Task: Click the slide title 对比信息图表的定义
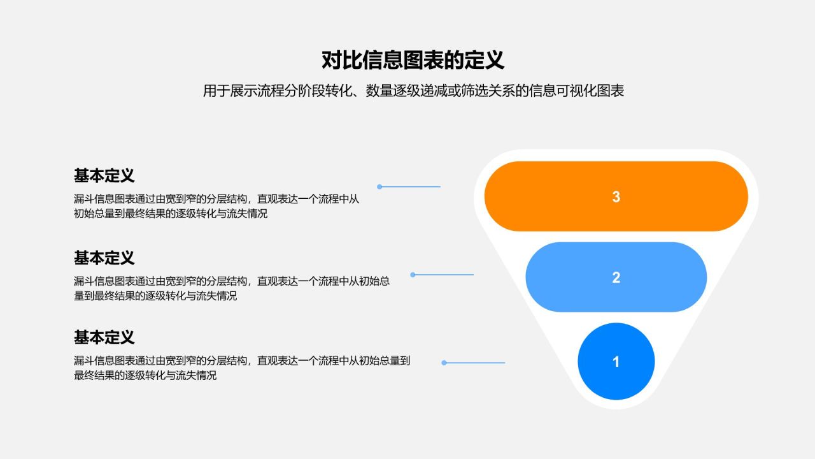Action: (x=413, y=60)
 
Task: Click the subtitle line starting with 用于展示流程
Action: (x=413, y=91)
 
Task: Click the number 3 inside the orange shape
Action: (x=616, y=197)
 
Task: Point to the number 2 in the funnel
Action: (x=616, y=278)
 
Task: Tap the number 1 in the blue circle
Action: (x=616, y=362)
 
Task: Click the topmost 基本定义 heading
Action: (x=104, y=175)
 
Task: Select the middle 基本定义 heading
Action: (x=104, y=258)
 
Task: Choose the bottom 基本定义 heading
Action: (x=104, y=337)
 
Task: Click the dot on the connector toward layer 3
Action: (x=379, y=187)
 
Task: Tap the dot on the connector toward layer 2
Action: (x=413, y=275)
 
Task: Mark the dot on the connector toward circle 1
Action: (x=444, y=363)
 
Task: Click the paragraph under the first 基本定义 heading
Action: (x=216, y=206)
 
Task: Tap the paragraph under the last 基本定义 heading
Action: (x=242, y=368)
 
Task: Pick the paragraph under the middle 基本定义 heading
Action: (x=232, y=288)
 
